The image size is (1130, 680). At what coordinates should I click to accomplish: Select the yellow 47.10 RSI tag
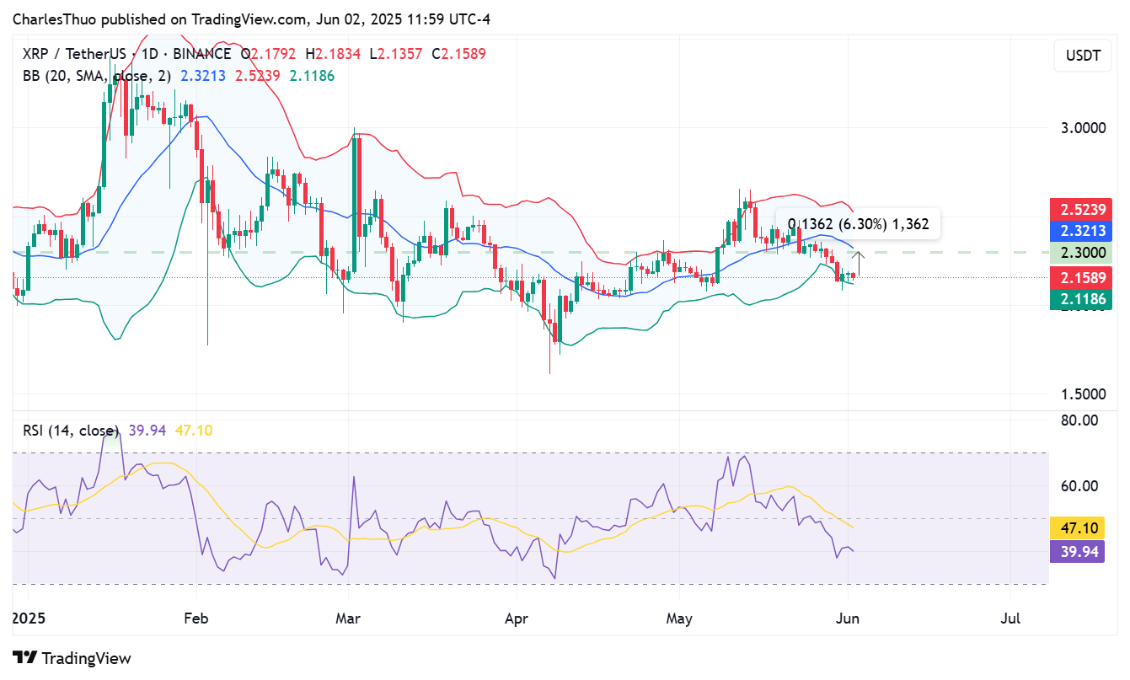(x=1077, y=528)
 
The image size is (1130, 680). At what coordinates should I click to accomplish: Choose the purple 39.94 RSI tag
(x=1077, y=551)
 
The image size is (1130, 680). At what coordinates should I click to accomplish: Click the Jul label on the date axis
(x=1010, y=619)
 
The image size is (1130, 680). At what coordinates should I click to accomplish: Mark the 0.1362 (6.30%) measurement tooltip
(x=858, y=224)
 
